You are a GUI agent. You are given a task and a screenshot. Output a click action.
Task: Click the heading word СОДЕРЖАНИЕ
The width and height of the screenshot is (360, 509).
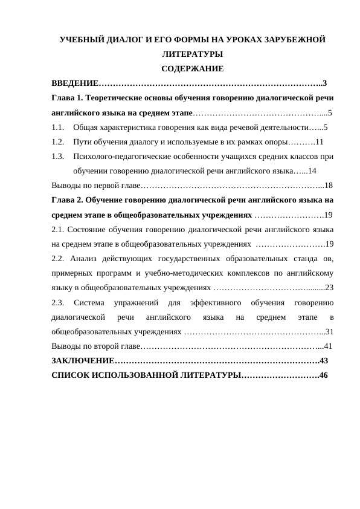[x=193, y=68]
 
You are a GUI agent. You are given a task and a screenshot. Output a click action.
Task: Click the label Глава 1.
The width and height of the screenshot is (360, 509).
[x=67, y=97]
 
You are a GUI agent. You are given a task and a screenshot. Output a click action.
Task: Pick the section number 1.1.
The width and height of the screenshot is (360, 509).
[x=58, y=128]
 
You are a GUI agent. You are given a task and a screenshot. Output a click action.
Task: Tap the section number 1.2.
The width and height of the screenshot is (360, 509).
[x=58, y=142]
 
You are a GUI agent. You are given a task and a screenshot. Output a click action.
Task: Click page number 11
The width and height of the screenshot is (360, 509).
[x=320, y=142]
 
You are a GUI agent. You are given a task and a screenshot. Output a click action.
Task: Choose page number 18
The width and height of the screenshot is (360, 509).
[x=328, y=186]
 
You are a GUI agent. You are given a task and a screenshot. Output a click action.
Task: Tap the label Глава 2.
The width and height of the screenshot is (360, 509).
[x=67, y=200]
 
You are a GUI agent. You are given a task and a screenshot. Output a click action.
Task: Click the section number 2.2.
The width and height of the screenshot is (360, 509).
[x=58, y=259]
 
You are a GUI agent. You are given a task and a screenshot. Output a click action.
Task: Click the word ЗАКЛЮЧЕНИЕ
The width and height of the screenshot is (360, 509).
[x=83, y=361]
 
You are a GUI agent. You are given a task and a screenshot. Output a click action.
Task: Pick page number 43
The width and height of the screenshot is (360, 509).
[x=323, y=361]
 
